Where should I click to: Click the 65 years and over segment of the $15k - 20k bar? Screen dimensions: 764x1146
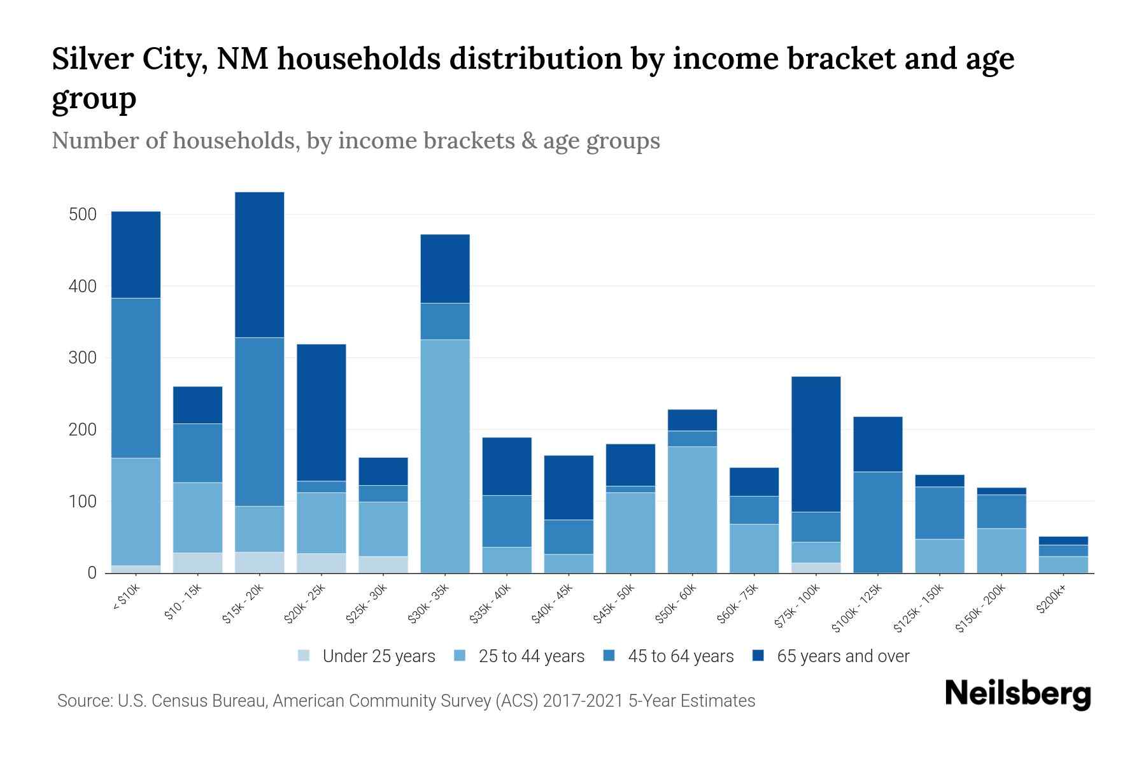tap(260, 264)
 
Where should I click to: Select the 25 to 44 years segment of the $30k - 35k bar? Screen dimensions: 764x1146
tap(445, 456)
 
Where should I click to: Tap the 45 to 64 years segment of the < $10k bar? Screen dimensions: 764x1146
tap(136, 378)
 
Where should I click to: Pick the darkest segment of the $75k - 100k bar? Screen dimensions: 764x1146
tap(816, 444)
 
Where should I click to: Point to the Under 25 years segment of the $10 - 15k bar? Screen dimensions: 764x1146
tap(197, 562)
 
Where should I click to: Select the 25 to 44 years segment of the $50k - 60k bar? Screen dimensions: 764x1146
tap(692, 509)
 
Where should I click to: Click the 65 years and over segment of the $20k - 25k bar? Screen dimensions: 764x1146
tap(322, 412)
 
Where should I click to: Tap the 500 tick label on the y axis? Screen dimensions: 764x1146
tap(83, 215)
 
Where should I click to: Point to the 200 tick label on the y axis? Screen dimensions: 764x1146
tap(83, 430)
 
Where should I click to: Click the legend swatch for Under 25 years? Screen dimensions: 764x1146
tap(304, 656)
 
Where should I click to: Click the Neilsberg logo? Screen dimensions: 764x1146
tap(1017, 693)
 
